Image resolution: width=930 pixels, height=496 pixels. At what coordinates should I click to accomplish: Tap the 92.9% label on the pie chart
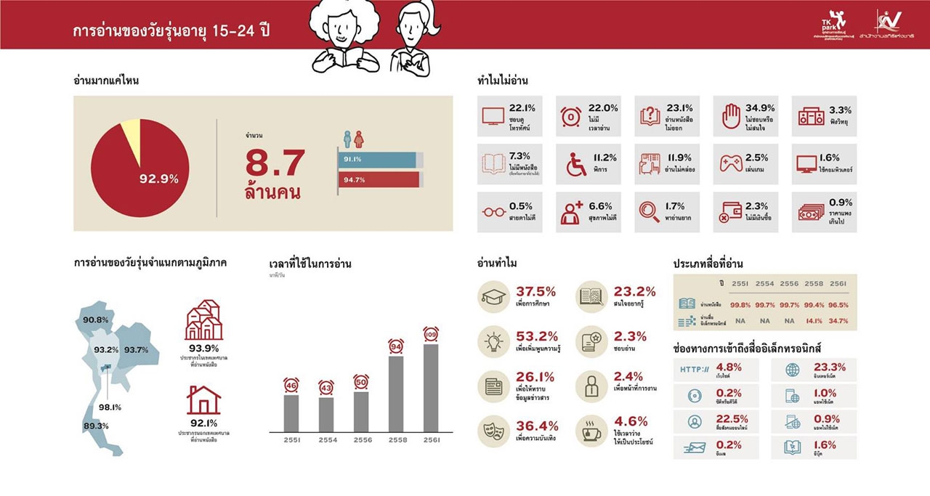pos(158,179)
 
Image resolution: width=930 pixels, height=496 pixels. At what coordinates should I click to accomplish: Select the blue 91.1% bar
pos(376,159)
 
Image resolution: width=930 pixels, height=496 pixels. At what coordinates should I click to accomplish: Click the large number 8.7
pos(275,163)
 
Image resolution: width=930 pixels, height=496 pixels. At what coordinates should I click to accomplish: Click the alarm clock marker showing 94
pos(396,346)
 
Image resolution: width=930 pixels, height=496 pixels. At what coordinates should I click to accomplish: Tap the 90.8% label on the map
pos(95,320)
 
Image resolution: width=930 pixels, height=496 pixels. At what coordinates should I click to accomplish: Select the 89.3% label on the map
pos(95,426)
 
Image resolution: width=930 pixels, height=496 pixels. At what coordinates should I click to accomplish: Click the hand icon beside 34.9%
pos(730,116)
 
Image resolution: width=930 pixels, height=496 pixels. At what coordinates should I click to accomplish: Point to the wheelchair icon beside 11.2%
pos(576,165)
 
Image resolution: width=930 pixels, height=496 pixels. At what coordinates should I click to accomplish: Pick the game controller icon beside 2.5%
pos(730,163)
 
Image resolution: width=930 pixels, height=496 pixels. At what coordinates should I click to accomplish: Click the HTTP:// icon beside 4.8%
pos(695,370)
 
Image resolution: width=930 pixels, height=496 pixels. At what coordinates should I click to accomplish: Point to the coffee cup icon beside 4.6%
pos(589,430)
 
